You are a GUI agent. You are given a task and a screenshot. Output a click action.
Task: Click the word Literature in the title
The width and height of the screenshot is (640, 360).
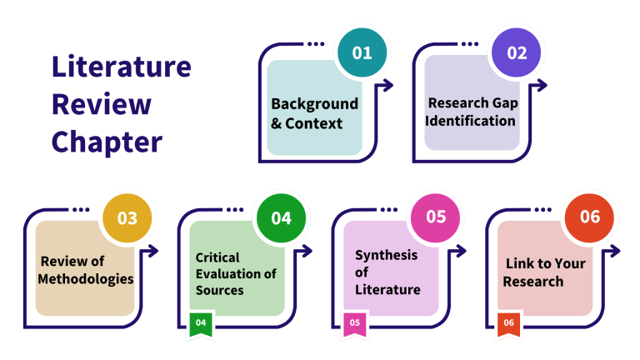121,67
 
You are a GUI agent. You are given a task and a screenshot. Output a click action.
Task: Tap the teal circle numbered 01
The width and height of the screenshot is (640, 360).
362,53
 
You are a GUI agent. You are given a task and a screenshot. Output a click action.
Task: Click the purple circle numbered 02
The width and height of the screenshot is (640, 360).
517,53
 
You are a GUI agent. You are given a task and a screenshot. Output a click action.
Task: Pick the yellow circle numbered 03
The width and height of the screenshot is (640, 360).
127,218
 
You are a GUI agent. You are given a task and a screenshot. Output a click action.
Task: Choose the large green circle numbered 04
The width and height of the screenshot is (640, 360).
281,218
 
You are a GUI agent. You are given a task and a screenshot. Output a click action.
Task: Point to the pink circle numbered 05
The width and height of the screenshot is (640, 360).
436,217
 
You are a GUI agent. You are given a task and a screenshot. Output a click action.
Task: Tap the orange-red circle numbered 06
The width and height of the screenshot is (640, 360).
590,217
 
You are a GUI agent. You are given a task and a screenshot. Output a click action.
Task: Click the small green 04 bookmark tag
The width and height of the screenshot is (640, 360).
201,323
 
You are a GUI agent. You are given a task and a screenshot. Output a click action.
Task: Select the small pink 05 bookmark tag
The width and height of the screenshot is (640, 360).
355,323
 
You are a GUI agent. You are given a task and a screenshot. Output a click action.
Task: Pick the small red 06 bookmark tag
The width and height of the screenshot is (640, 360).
509,323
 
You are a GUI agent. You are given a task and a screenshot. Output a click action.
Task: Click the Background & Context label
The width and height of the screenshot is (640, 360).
314,114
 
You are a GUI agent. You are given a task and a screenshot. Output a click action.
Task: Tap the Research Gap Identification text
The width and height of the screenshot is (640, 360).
471,112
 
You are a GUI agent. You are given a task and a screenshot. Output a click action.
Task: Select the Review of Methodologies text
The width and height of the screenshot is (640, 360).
86,269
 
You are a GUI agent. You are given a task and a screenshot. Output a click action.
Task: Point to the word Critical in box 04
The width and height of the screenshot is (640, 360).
217,257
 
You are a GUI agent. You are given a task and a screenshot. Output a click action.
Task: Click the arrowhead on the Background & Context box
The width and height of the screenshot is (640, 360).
387,84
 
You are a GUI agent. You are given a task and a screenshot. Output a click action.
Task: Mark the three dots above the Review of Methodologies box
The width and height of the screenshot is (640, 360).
81,209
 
